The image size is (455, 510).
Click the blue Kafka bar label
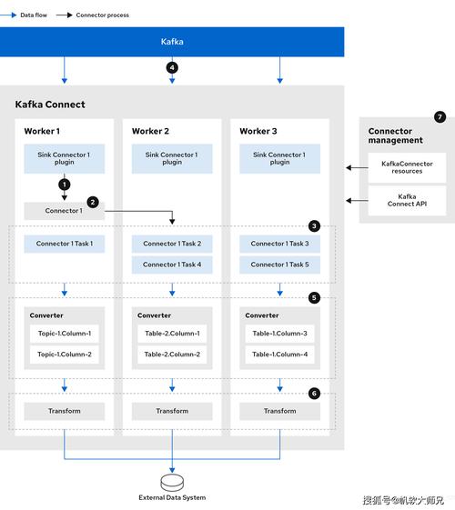[x=172, y=42]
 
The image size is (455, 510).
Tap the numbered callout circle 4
[x=172, y=67]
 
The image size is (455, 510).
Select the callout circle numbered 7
[x=440, y=116]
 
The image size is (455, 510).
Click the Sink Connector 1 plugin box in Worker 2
[x=172, y=158]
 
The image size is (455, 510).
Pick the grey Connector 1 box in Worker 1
[x=64, y=211]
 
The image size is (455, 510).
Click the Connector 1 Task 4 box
[x=172, y=265]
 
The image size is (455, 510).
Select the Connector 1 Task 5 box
[x=279, y=265]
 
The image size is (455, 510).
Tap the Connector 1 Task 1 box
[x=64, y=244]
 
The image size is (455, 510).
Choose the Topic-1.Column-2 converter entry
[x=64, y=355]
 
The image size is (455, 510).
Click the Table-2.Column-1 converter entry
[x=172, y=334]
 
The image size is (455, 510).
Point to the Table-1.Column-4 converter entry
[x=279, y=355]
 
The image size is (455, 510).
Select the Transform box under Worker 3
[x=279, y=411]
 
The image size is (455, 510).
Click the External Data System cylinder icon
[x=172, y=483]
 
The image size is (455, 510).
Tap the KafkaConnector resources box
[x=407, y=167]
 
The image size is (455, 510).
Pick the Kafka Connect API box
[x=407, y=200]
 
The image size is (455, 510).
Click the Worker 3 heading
[x=258, y=131]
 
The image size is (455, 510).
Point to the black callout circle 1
[x=65, y=185]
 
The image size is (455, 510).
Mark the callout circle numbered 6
[x=314, y=394]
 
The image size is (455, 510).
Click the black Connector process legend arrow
[x=64, y=15]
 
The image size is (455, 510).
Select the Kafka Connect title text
[x=50, y=105]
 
